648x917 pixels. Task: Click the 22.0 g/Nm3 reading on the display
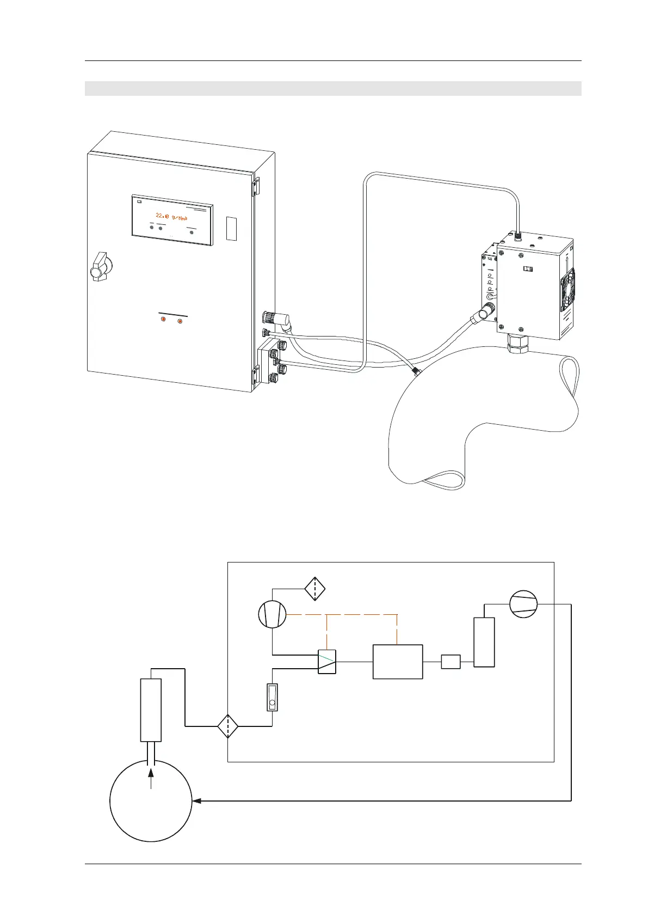[172, 216]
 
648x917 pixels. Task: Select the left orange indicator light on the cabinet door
[163, 320]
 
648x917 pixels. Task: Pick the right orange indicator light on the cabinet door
[180, 321]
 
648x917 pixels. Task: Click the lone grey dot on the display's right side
[192, 231]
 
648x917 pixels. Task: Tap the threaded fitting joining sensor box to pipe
[515, 343]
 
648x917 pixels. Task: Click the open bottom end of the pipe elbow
[444, 481]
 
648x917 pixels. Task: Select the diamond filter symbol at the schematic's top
[315, 589]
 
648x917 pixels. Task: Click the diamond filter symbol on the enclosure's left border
[227, 726]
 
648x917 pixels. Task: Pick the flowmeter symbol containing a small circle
[272, 698]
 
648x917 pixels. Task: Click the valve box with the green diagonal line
[327, 662]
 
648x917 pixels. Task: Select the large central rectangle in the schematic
[398, 662]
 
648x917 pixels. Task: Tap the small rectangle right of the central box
[450, 662]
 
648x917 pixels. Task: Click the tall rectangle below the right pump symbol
[484, 642]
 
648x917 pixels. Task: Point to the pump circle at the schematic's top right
[523, 604]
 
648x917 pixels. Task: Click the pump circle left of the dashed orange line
[272, 615]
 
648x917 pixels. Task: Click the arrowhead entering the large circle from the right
[197, 801]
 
